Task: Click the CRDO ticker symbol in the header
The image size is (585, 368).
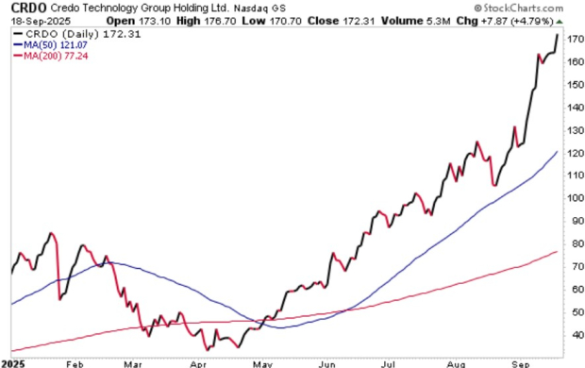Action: [x=24, y=8]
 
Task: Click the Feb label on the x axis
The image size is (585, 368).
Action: [x=75, y=362]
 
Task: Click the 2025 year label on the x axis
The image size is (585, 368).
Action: [x=14, y=362]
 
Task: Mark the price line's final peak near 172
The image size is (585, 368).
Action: [x=558, y=35]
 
